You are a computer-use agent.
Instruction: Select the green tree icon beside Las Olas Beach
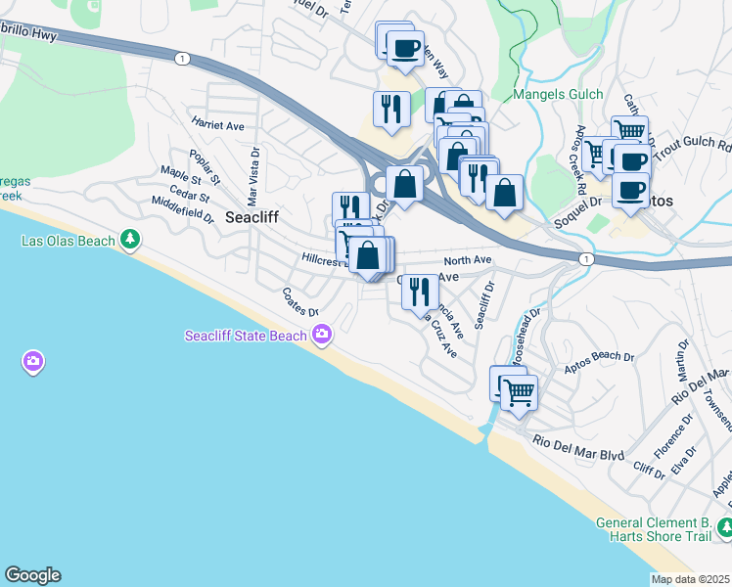pos(129,240)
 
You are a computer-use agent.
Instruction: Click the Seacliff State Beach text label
pos(247,336)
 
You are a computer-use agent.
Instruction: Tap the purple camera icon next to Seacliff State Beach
pos(322,336)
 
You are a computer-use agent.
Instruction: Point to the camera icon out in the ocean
pos(33,363)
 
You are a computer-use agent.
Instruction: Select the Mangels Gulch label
pos(553,96)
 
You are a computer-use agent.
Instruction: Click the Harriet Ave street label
pos(217,125)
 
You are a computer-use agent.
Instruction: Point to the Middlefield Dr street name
pos(182,208)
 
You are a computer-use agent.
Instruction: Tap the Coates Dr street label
pos(300,301)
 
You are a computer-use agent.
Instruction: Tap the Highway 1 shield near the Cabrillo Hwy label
pos(182,60)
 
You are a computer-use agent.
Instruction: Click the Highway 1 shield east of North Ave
pos(585,258)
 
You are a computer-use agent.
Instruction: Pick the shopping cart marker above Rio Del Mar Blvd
pos(520,392)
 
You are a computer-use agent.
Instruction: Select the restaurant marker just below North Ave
pos(420,289)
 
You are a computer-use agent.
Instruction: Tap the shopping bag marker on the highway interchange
pos(404,182)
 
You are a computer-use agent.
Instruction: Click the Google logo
pos(32,575)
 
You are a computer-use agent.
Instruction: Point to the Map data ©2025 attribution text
pos(690,579)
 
